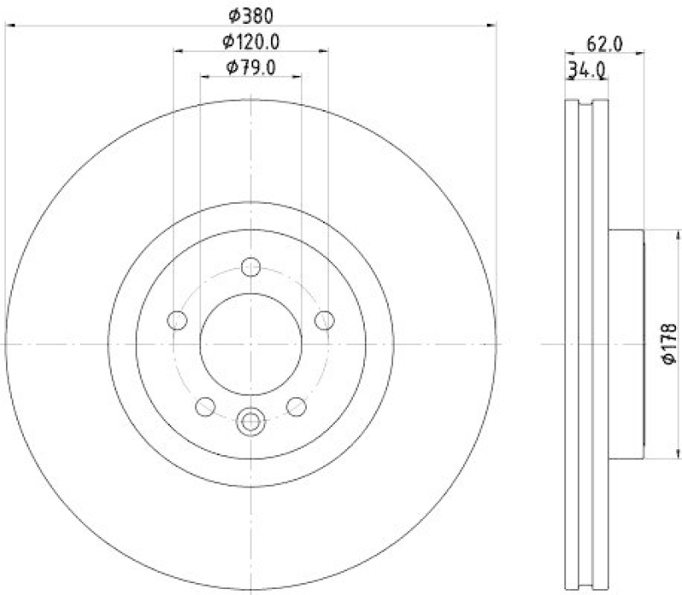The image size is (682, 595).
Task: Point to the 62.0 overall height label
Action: tap(604, 42)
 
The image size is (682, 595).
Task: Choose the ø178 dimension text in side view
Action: tap(669, 344)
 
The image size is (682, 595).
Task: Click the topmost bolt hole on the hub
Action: tap(251, 268)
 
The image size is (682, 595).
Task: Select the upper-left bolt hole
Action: tap(177, 321)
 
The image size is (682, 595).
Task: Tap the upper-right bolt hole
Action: tap(324, 320)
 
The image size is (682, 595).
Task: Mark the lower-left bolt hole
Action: tap(205, 407)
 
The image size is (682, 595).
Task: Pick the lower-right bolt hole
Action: tap(296, 407)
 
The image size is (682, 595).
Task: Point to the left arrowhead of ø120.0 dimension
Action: tap(177, 51)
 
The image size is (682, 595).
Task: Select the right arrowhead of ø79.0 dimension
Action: tap(298, 77)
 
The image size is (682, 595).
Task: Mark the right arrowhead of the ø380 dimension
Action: tap(492, 25)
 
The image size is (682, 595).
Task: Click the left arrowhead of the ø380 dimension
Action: tap(9, 25)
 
